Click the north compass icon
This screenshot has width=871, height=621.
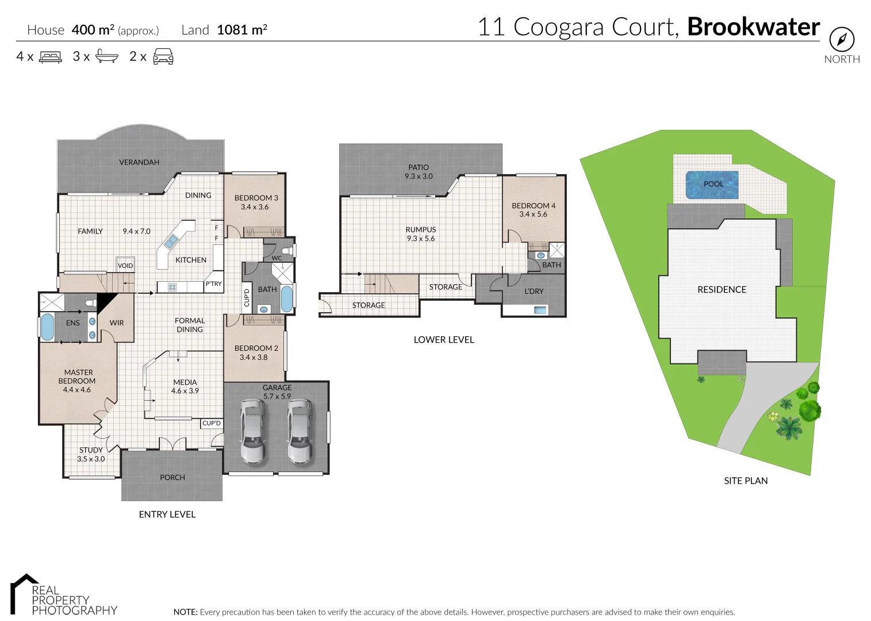[842, 40]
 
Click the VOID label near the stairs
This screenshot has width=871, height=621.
[125, 266]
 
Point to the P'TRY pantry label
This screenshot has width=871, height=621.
[213, 283]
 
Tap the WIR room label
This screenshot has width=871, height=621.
[117, 323]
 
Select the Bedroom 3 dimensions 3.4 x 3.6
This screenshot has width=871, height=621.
[255, 207]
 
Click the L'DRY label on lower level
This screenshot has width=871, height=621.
[534, 292]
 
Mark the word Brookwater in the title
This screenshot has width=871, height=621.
[753, 27]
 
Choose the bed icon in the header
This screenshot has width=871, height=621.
[51, 57]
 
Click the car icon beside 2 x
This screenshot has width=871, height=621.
[163, 56]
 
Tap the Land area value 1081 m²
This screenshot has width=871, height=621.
[242, 30]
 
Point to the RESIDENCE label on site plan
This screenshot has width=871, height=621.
[722, 290]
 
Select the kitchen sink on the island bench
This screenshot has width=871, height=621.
[171, 241]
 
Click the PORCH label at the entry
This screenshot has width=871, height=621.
[172, 477]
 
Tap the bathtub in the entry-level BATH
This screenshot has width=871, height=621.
[286, 298]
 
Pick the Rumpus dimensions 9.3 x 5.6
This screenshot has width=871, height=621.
[421, 239]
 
